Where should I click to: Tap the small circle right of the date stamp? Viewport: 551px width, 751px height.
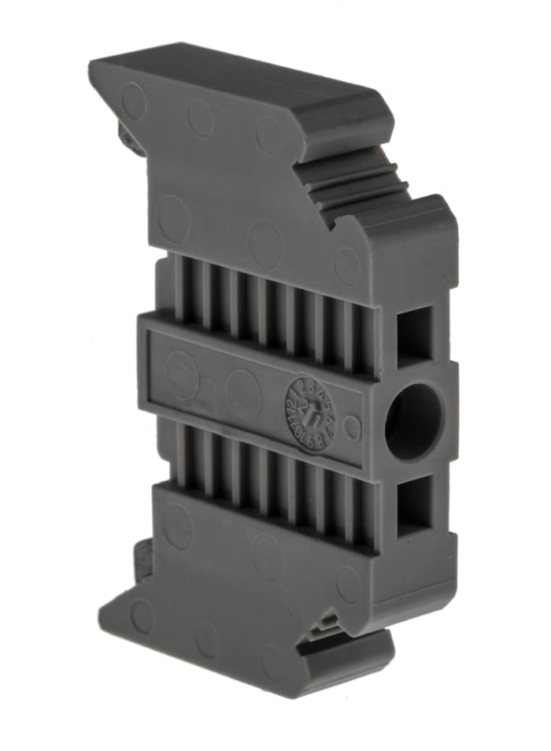[352, 427]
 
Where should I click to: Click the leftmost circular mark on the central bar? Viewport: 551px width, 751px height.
[182, 369]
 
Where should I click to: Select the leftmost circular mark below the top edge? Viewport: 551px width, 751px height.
[133, 101]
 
